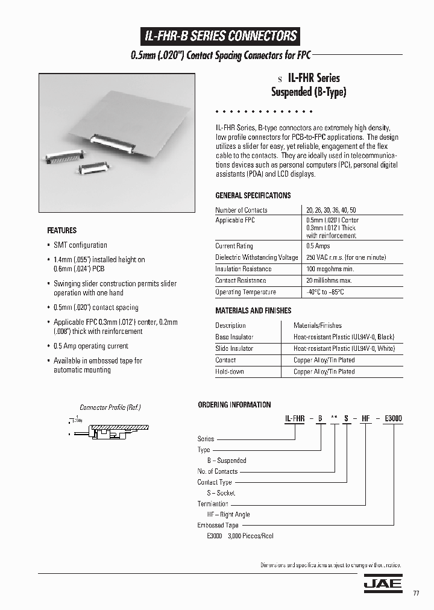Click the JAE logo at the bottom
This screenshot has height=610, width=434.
[382, 584]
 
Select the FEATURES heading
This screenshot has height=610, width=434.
[61, 230]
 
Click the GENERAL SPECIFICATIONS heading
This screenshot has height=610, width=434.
[253, 195]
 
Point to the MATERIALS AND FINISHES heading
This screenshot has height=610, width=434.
[253, 310]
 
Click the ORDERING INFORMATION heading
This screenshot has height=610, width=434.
[234, 404]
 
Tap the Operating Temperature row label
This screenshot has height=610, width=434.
[245, 292]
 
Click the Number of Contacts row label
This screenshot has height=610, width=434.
[241, 210]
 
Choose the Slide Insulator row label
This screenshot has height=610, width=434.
[234, 348]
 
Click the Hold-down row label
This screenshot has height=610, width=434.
[230, 371]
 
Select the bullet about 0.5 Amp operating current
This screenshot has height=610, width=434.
[90, 346]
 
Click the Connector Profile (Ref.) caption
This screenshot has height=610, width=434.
[110, 407]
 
